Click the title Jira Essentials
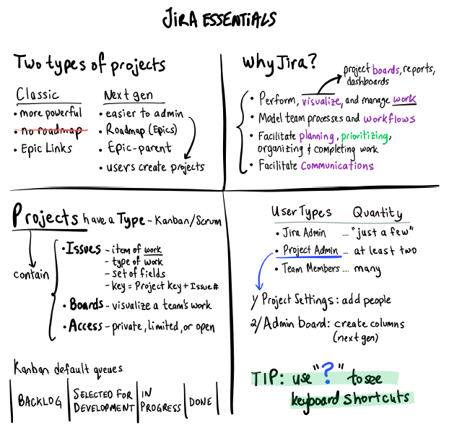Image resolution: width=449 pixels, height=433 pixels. [219, 19]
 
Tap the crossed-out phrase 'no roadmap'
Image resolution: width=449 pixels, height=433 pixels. [51, 131]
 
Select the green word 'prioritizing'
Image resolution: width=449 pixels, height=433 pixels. [365, 137]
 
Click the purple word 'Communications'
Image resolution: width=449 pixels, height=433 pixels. [337, 166]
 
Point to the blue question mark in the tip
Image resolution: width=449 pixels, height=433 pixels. [328, 373]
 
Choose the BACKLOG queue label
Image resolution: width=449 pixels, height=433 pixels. [40, 401]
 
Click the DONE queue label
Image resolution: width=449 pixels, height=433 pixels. [201, 401]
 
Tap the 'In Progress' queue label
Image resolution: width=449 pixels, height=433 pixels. [160, 401]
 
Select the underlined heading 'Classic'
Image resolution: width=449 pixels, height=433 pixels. [38, 94]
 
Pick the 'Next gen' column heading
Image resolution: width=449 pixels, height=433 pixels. [128, 95]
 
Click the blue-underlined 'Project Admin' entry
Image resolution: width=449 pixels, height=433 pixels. [310, 250]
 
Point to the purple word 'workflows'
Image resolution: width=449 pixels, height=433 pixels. [389, 119]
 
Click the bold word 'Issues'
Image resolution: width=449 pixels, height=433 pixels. [83, 249]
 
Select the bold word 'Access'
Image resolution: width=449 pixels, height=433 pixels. [86, 325]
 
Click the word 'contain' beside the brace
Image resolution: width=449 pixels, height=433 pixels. [31, 275]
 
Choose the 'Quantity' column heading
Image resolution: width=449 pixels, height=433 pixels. [378, 213]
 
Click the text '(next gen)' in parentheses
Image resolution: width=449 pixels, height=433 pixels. [356, 338]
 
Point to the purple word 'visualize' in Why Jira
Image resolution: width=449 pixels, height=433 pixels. [321, 101]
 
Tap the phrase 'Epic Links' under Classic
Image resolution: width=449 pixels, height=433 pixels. [46, 149]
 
